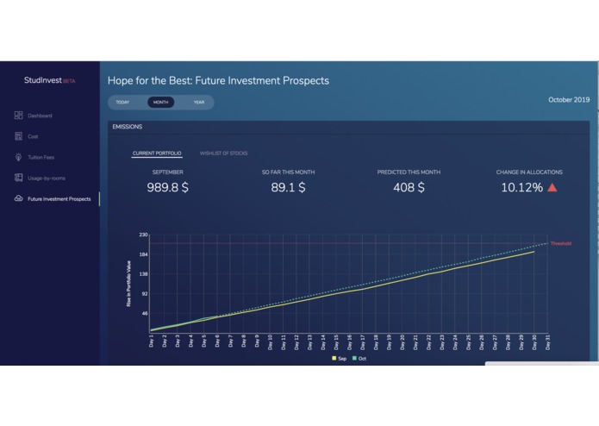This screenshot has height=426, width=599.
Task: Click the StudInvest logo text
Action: tap(43, 81)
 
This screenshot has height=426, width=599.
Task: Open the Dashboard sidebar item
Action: tap(40, 116)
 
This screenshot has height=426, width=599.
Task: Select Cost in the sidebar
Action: tap(33, 136)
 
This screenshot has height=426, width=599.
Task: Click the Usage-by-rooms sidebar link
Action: tap(46, 178)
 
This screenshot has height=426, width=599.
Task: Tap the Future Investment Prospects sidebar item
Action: tap(59, 199)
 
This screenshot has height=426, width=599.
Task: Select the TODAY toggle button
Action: tap(122, 103)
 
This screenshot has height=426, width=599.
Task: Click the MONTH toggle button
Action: tap(160, 103)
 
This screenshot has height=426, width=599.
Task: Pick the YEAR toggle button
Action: tap(199, 103)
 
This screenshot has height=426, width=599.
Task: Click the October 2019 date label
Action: tap(569, 100)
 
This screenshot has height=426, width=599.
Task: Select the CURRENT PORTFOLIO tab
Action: tap(157, 153)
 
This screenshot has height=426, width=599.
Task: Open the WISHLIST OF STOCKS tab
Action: tap(223, 153)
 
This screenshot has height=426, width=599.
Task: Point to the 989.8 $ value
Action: tap(167, 187)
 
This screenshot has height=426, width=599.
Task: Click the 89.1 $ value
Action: tap(288, 187)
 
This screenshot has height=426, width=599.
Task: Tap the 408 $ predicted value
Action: tap(409, 187)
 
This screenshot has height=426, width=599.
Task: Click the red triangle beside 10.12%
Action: tap(552, 187)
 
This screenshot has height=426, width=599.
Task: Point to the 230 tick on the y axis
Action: tap(143, 235)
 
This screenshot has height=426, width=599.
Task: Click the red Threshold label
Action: tap(560, 244)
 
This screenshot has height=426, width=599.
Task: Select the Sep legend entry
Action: tap(340, 358)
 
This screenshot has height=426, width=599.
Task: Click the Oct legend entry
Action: tap(359, 358)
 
